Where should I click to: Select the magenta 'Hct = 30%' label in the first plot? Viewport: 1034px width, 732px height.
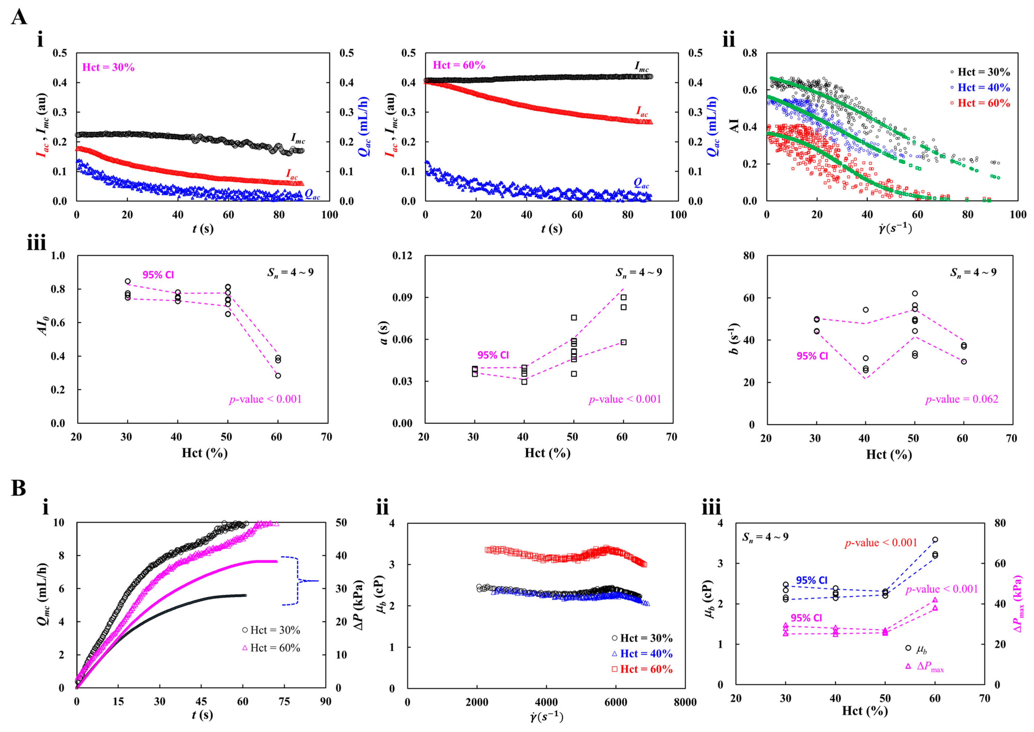(108, 68)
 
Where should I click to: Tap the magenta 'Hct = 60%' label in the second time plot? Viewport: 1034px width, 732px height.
(459, 65)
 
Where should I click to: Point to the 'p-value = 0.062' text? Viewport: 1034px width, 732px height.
(961, 399)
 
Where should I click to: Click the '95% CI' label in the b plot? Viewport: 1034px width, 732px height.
(812, 356)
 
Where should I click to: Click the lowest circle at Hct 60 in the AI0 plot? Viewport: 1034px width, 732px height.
(278, 375)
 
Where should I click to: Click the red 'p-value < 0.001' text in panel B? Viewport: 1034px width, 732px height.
(881, 543)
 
